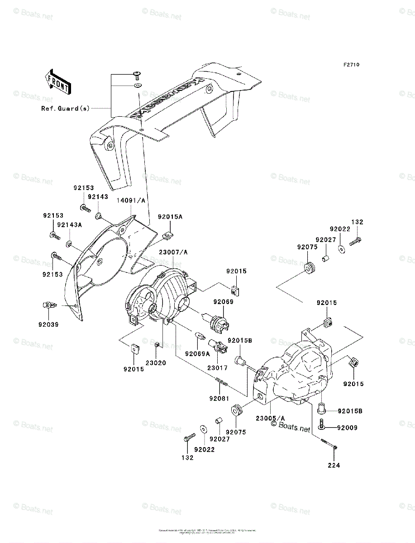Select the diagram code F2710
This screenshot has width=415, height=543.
tap(351, 65)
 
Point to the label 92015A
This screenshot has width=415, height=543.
tap(170, 218)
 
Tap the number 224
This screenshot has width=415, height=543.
tap(334, 465)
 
